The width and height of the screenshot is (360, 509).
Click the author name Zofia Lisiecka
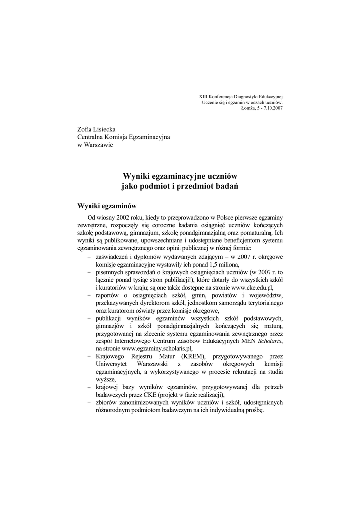(x=95, y=129)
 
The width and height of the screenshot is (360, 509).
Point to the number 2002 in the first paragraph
(x=124, y=218)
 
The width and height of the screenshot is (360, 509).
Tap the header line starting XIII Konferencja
(x=241, y=96)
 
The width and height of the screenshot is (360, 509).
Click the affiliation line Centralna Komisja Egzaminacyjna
(x=123, y=137)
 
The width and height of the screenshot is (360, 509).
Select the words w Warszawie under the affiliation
(x=94, y=145)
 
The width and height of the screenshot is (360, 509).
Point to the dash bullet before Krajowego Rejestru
(x=89, y=356)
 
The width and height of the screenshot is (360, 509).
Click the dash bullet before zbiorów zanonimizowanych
(x=89, y=402)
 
